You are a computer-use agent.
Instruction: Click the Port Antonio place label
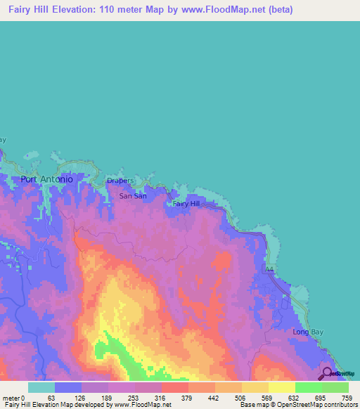click(x=47, y=179)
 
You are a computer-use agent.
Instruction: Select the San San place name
click(x=131, y=196)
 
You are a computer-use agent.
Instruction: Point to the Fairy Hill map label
click(x=186, y=204)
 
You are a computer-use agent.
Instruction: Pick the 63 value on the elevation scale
click(x=51, y=397)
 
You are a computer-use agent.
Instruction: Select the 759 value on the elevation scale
click(x=346, y=397)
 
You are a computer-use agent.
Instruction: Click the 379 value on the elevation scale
click(x=186, y=397)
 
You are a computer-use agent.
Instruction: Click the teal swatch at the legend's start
click(x=41, y=387)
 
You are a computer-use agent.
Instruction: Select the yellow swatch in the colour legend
click(x=281, y=387)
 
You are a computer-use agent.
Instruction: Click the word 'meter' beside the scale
click(x=11, y=397)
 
